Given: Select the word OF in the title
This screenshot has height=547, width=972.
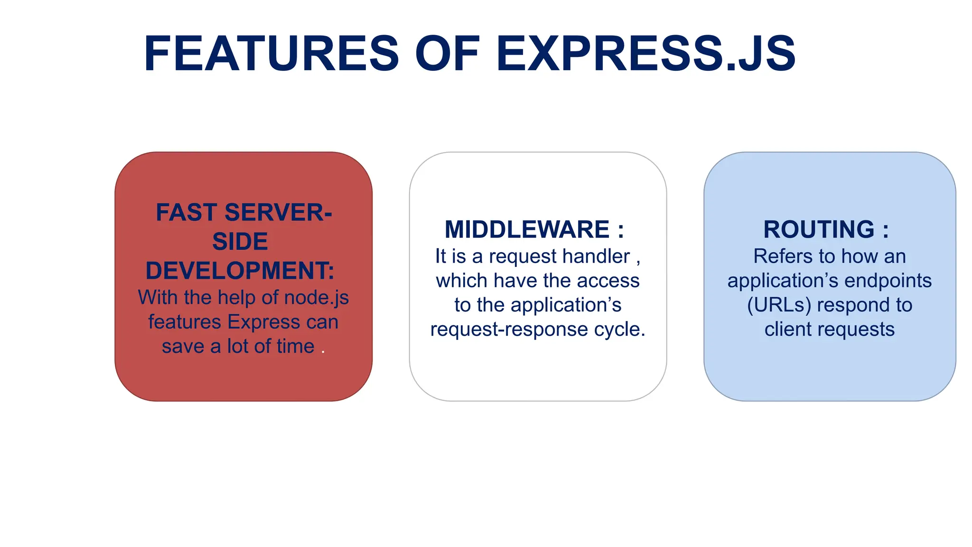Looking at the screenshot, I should click(447, 54).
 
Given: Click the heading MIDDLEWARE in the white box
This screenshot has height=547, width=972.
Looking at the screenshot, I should click(527, 230).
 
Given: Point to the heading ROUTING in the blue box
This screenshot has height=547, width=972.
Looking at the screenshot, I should click(819, 230).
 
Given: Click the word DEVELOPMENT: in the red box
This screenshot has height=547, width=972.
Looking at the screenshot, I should click(240, 271).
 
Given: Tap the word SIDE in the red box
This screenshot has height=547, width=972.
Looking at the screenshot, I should click(240, 242).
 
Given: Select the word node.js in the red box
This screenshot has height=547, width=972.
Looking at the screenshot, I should click(316, 298).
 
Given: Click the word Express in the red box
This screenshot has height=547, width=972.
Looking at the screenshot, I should click(264, 322).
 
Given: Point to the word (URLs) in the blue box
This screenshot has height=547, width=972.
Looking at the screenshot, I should click(779, 305).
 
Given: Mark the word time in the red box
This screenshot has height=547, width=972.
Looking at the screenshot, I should click(296, 347).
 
